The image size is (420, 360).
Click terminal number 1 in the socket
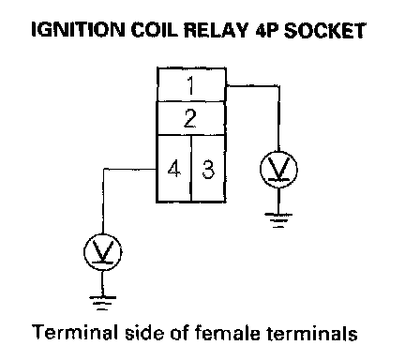tap(191, 84)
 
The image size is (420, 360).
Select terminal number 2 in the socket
tap(191, 118)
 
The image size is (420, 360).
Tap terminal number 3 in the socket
tap(208, 169)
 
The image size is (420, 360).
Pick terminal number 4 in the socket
tap(173, 169)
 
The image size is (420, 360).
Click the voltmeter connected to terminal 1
tap(278, 170)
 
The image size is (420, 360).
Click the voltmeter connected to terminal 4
tap(103, 252)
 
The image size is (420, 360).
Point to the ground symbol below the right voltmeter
tap(278, 220)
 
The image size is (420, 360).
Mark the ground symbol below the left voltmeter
tap(102, 303)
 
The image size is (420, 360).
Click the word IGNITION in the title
tap(78, 30)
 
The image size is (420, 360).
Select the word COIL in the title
tap(155, 30)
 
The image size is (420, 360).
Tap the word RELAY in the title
tap(216, 30)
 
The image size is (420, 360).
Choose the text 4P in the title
tap(267, 30)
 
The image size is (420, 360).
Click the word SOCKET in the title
tap(324, 30)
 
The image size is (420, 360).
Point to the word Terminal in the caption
tap(75, 332)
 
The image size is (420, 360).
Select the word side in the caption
tap(144, 332)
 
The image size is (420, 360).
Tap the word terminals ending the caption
tap(312, 333)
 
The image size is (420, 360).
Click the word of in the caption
tap(179, 332)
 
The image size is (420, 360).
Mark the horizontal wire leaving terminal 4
tap(129, 169)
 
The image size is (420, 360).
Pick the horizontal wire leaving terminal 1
tap(252, 85)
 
